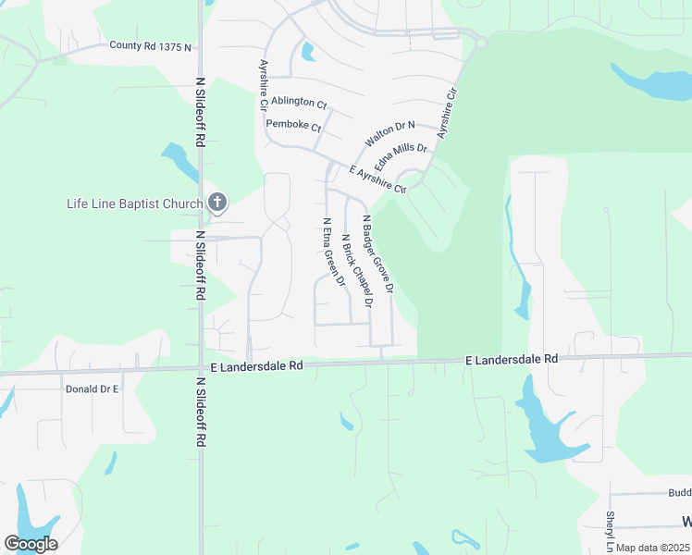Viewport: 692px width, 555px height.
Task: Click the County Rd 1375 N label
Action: pos(150,45)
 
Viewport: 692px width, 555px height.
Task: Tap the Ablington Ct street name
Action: pos(299,103)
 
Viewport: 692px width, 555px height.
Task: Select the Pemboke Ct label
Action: pos(292,125)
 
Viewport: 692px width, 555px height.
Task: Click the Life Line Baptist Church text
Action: pos(135,203)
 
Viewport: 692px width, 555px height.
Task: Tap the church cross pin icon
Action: pos(217,202)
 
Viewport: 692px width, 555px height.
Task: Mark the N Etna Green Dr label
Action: pos(333,252)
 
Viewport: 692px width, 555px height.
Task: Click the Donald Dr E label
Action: pos(93,389)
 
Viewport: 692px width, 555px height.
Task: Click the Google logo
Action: pos(31,544)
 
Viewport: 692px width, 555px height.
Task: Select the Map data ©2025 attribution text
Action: pos(652,548)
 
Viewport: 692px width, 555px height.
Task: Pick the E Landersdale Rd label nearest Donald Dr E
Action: pos(257,366)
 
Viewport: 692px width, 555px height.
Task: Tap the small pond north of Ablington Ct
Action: pos(307,52)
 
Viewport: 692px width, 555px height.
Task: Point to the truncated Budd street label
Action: pos(679,494)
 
